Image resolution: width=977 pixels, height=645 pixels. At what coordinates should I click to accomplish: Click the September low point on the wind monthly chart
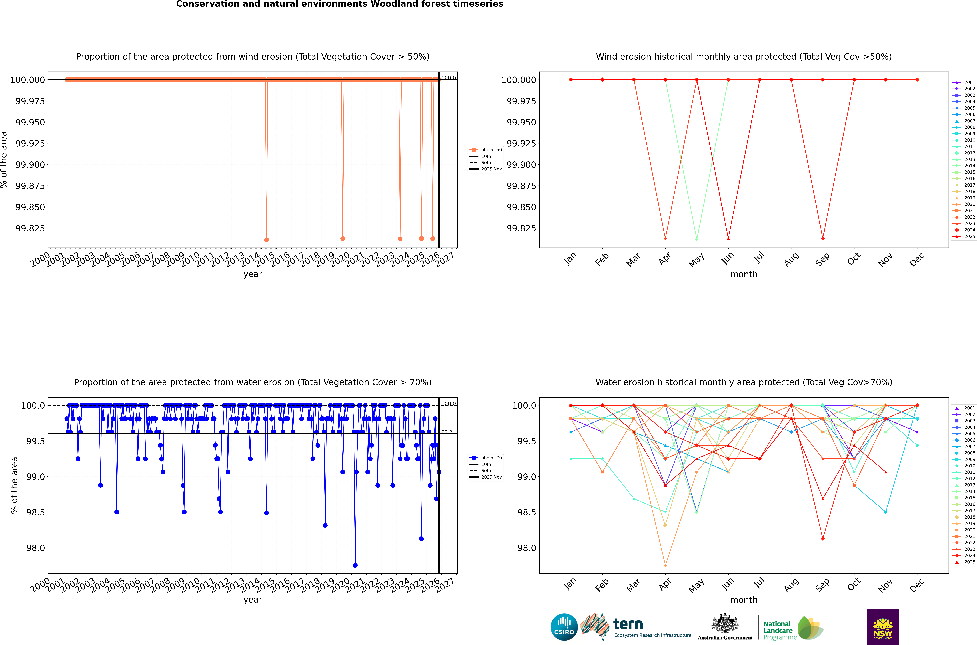coord(823,239)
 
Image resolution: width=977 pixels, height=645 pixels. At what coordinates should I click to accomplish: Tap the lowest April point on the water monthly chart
coord(665,565)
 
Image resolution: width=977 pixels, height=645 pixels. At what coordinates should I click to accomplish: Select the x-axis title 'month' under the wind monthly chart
coord(744,274)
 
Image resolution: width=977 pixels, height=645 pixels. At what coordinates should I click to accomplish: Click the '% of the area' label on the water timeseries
coord(14,485)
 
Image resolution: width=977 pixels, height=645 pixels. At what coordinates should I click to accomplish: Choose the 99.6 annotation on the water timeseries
coord(447,432)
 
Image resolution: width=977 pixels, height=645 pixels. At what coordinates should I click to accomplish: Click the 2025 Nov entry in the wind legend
coord(491,169)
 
